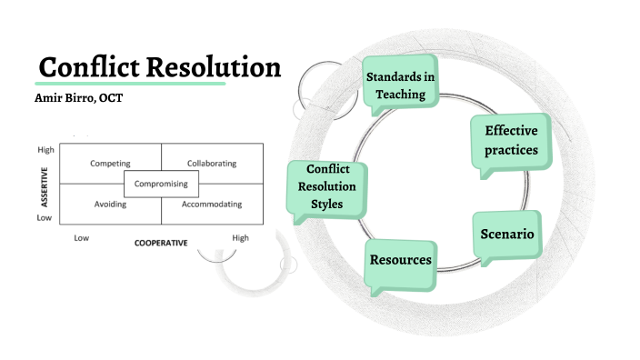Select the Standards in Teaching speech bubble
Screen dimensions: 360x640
400,84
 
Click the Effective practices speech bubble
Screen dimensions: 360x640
511,140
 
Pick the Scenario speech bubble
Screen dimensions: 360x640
506,235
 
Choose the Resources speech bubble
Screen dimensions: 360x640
400,260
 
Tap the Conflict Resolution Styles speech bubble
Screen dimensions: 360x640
324,186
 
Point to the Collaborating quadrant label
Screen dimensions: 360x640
211,164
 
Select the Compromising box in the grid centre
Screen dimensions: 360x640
161,184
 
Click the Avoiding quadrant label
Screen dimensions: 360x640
110,204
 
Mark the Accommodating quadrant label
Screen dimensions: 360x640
212,204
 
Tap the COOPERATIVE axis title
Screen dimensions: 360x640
161,243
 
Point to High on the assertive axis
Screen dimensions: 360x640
45,149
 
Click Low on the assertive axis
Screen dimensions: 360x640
44,218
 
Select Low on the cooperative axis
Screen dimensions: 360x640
81,238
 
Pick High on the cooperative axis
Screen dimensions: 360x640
240,238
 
